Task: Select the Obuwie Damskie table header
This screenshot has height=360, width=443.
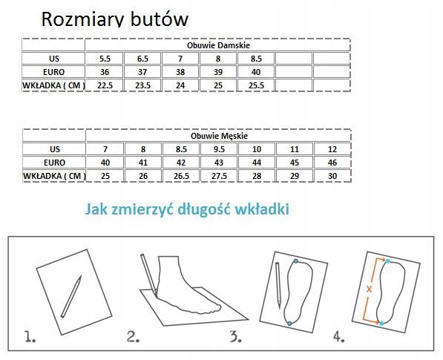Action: pos(218,45)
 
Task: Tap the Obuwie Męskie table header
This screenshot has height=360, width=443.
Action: pos(219,136)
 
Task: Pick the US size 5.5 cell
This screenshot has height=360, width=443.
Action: pos(105,59)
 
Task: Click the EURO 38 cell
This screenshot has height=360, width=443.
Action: pos(180,72)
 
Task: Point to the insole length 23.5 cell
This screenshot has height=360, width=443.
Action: pos(142,85)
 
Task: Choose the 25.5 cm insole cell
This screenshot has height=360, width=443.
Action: pos(256,85)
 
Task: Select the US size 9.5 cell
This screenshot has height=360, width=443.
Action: pos(219,149)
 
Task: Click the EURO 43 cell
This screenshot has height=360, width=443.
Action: pos(219,163)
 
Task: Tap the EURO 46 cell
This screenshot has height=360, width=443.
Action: pos(332,163)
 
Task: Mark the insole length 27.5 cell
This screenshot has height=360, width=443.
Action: pos(219,176)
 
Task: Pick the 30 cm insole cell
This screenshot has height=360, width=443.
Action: pos(332,176)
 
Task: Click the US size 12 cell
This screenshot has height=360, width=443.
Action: pos(332,149)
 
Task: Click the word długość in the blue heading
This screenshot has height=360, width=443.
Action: pos(204,209)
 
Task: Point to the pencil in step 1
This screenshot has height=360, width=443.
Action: pos(71,297)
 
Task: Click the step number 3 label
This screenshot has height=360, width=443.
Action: pos(235,336)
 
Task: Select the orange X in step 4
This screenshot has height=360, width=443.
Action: pos(369,289)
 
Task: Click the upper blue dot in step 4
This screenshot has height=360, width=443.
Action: pos(388,261)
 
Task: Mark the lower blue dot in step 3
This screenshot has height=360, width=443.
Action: pos(289,324)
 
